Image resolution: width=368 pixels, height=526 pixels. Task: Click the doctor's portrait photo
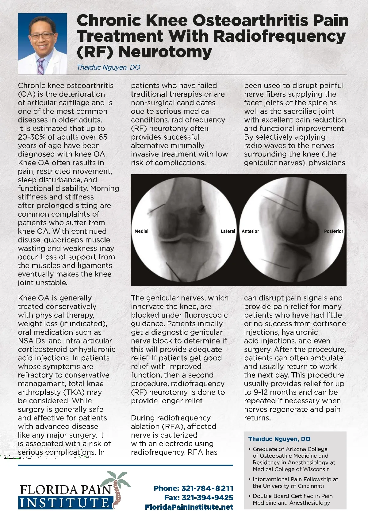42,44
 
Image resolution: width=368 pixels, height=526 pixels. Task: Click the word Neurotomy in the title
165,52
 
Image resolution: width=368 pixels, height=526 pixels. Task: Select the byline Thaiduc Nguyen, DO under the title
108,68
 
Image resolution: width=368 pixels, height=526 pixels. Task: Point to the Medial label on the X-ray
141,231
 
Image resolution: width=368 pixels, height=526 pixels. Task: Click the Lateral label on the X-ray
228,231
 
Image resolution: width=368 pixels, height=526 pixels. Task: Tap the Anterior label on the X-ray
250,231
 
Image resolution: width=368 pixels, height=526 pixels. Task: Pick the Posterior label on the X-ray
334,231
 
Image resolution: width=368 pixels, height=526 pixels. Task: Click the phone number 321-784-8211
207,488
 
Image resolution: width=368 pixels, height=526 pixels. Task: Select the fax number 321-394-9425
207,497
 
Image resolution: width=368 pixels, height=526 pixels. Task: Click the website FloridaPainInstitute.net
189,507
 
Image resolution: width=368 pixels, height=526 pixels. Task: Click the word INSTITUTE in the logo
64,503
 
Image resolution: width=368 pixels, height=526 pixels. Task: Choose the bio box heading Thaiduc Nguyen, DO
279,439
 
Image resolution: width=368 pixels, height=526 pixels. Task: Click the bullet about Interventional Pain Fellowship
295,482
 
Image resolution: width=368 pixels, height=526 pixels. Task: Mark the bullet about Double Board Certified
293,499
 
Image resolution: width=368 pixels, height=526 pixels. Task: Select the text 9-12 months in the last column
274,392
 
